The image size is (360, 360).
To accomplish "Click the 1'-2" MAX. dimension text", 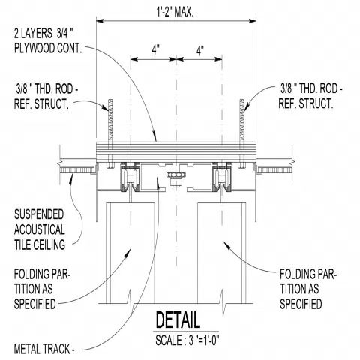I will coord(175,11).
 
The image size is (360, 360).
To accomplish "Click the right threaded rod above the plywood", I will coord(242,119).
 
